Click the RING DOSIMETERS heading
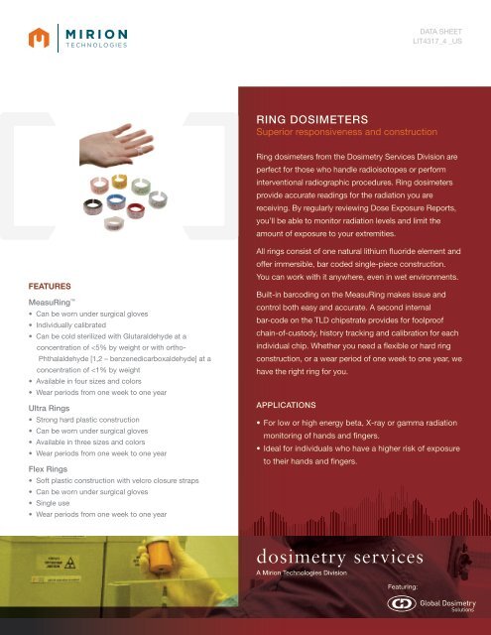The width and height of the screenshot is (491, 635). pyautogui.click(x=312, y=116)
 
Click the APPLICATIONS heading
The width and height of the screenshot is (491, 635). pyautogui.click(x=289, y=406)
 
